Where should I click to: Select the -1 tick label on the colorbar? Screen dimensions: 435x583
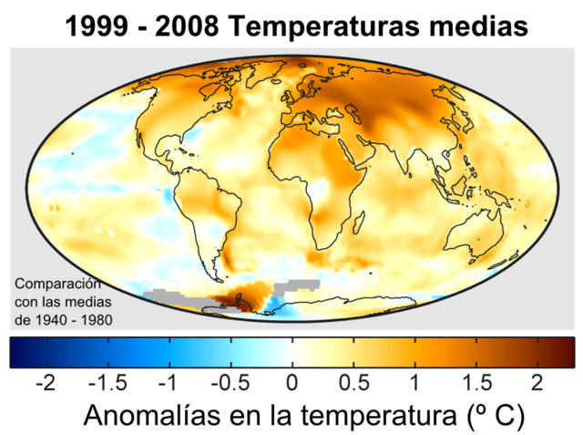(x=167, y=380)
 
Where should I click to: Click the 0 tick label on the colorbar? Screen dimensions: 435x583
(x=291, y=380)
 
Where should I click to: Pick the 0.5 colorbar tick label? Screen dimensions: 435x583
(x=353, y=380)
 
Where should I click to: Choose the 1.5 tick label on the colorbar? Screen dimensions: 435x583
(x=476, y=380)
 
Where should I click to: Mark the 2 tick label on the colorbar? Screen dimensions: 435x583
(x=537, y=380)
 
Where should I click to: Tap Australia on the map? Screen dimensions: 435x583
(x=474, y=233)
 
